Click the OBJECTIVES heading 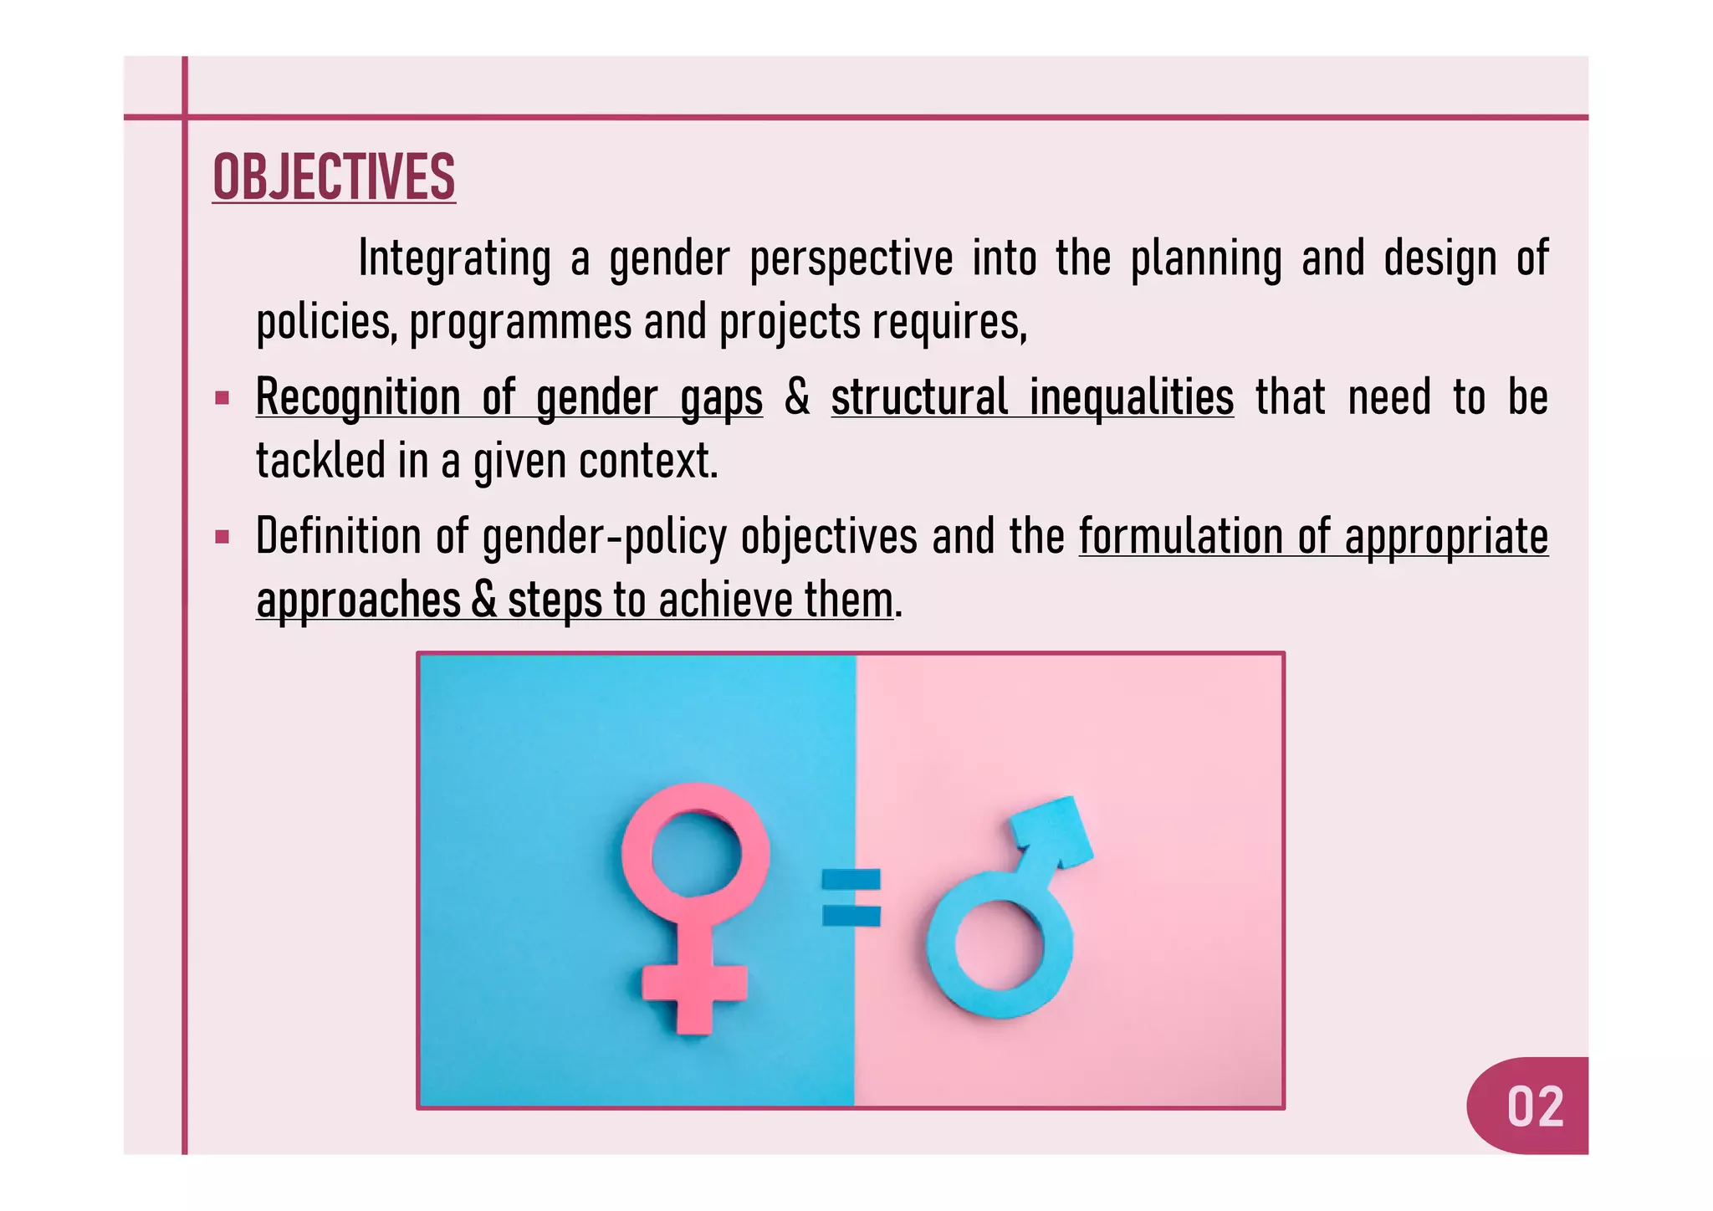point(334,177)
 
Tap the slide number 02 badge point(1534,1106)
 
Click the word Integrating point(454,258)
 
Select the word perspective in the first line point(851,258)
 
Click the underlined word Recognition point(357,397)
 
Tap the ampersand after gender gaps point(796,397)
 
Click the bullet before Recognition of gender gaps point(222,398)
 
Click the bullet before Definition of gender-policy point(222,537)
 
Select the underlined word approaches point(358,600)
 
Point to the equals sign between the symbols point(851,897)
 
